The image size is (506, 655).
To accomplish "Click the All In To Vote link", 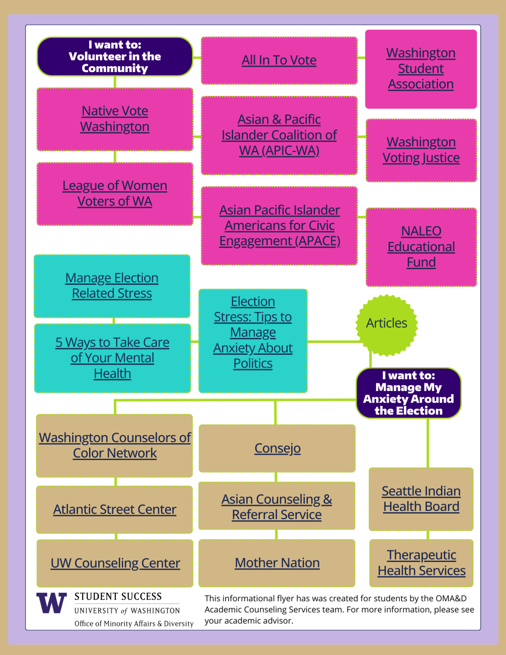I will (x=279, y=60).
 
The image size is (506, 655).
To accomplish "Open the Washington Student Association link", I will (x=421, y=69).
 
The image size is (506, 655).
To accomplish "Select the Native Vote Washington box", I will (x=115, y=119).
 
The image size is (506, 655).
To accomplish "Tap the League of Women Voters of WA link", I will (x=115, y=194).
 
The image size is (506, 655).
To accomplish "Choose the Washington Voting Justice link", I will (x=421, y=150).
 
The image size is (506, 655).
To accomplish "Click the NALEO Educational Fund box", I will (x=421, y=247).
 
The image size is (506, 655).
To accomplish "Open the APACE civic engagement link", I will (x=279, y=226).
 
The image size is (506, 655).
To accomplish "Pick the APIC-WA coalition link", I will (x=279, y=135).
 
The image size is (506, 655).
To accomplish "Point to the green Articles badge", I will (x=386, y=323).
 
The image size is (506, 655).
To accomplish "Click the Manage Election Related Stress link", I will (x=112, y=286).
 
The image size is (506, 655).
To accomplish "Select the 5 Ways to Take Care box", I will (x=113, y=358).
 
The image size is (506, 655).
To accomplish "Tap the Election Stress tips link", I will (x=253, y=332).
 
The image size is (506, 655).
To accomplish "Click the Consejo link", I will (x=277, y=448).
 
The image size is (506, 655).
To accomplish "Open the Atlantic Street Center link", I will (x=115, y=510).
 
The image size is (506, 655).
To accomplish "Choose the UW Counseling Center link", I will (x=115, y=563).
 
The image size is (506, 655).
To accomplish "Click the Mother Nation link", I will (x=277, y=563).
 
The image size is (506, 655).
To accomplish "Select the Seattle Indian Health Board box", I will (x=421, y=499).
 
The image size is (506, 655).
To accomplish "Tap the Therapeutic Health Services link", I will (x=421, y=563).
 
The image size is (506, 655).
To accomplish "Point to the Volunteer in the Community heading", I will (x=115, y=56).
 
